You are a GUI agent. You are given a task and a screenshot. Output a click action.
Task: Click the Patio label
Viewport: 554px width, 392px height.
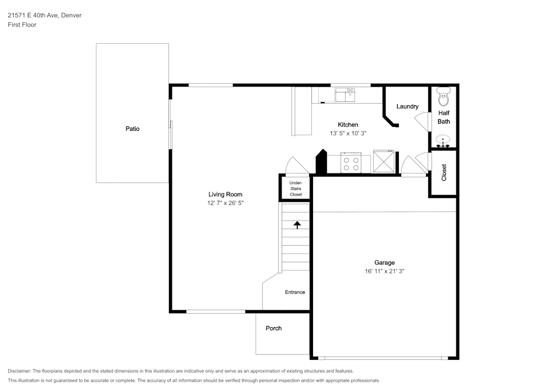(x=132, y=129)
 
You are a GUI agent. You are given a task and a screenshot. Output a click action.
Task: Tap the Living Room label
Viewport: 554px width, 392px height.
(x=225, y=194)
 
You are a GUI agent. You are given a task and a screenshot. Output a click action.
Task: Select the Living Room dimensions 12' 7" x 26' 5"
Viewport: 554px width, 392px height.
(x=225, y=203)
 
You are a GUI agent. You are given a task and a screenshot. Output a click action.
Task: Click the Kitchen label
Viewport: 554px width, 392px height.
(x=348, y=124)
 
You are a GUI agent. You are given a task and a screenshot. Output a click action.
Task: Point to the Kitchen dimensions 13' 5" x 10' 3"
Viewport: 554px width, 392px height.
(x=348, y=133)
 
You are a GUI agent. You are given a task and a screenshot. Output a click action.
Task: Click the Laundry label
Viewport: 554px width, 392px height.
(x=407, y=106)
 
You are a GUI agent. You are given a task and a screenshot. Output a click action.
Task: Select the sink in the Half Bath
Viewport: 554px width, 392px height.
(x=443, y=141)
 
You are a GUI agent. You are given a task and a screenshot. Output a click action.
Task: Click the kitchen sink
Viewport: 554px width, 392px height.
(x=345, y=95)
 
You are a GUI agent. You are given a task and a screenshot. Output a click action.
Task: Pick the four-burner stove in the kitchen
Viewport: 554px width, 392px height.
(x=351, y=163)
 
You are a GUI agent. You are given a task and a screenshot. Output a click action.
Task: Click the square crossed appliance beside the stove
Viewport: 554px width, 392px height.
(x=384, y=161)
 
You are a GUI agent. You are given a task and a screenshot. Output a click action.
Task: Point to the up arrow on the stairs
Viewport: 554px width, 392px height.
(x=297, y=225)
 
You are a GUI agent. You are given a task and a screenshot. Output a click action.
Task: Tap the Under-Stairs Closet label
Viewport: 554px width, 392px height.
(x=296, y=189)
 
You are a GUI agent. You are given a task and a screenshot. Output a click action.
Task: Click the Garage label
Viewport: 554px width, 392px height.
(x=384, y=262)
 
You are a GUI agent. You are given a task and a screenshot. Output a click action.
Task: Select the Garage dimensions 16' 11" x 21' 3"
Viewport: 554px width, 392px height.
(x=384, y=271)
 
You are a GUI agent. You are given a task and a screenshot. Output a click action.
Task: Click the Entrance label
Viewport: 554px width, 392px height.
(x=295, y=292)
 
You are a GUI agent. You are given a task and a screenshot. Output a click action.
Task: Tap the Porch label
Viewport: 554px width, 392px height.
(x=274, y=328)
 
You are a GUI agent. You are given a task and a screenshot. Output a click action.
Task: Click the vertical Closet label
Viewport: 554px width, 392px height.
(x=444, y=172)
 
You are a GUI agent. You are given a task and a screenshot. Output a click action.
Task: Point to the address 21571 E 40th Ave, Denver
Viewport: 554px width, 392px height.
(x=44, y=15)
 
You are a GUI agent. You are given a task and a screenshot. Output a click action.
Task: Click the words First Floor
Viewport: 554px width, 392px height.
(x=22, y=25)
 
